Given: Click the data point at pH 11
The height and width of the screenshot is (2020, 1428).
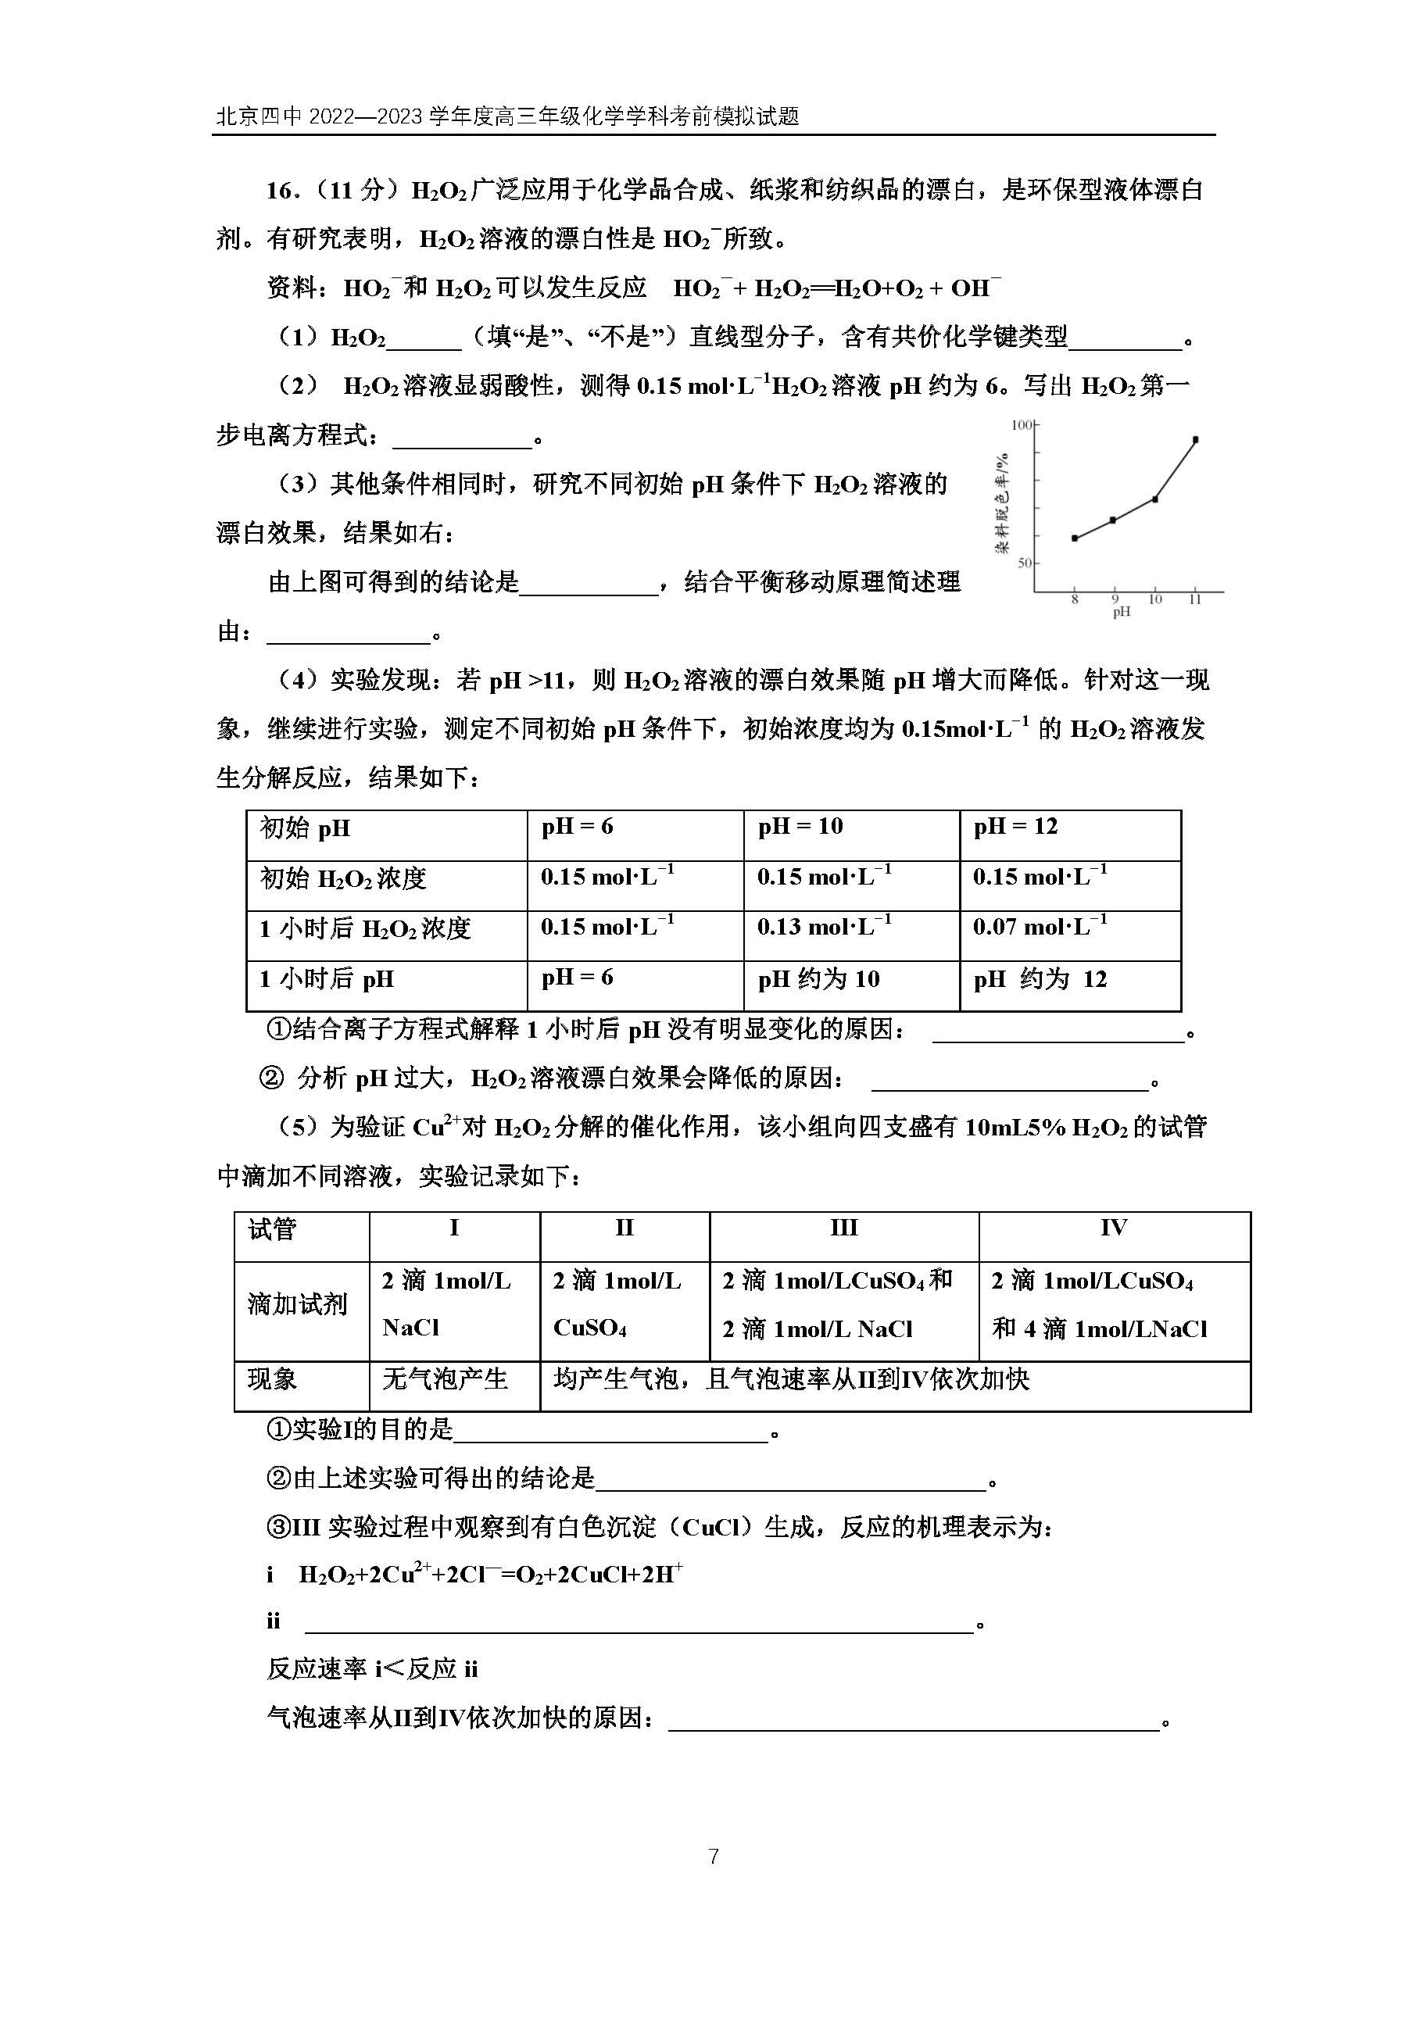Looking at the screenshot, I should (x=1195, y=439).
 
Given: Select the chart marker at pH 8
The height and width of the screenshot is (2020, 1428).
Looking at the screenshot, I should (x=1074, y=538).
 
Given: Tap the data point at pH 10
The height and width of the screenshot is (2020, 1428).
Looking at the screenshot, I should (x=1154, y=499).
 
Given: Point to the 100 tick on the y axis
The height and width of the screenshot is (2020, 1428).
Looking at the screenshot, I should (x=1022, y=426).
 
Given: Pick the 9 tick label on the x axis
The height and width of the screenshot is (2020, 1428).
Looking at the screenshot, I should (x=1115, y=599).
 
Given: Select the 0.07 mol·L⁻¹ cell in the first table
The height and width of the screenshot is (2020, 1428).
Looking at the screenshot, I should (x=1040, y=928).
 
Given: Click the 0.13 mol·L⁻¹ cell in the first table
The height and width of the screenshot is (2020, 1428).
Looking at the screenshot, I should (x=825, y=928).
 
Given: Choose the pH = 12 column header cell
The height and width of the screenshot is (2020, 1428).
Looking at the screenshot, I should (x=1015, y=827).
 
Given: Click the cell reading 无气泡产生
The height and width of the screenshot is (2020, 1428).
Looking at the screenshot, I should (x=446, y=1378).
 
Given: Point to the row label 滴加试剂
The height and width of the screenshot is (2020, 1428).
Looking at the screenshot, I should (x=297, y=1304).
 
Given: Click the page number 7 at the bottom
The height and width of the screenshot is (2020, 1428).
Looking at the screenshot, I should (x=714, y=1857).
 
